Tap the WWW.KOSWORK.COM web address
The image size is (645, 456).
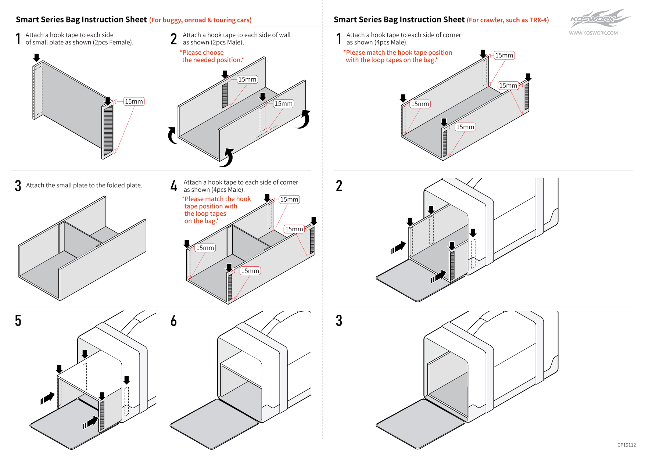(593, 33)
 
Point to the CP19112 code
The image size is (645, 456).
(626, 445)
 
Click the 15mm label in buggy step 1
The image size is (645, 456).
(134, 101)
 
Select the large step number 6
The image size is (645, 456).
(173, 321)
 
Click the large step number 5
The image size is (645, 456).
(18, 321)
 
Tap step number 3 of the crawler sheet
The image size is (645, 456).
(339, 321)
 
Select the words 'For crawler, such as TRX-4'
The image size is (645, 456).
(508, 20)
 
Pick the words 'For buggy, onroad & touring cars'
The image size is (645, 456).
(200, 20)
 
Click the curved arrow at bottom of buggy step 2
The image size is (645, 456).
(228, 157)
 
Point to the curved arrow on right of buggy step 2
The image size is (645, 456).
(304, 119)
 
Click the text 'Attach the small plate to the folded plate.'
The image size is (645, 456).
(84, 185)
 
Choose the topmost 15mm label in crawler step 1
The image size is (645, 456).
(504, 55)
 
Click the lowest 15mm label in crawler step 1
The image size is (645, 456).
(465, 127)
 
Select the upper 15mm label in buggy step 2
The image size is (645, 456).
(247, 79)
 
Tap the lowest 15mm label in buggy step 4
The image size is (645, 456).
(250, 271)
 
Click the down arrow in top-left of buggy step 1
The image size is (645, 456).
(36, 57)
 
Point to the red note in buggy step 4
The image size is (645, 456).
(217, 210)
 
